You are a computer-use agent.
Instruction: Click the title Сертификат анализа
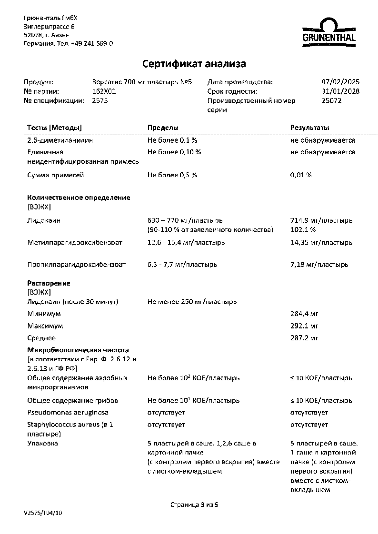194,64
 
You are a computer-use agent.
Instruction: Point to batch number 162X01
104,91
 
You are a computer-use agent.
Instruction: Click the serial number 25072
332,101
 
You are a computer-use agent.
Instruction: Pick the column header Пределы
163,128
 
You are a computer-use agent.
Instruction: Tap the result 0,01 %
301,175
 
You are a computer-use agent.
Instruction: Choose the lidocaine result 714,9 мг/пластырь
321,221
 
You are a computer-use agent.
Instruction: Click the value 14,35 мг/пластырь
321,243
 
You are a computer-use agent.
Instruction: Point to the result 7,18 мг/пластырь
319,265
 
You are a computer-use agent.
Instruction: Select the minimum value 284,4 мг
304,314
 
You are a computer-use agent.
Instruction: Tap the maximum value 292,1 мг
304,326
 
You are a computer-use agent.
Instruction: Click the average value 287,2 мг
304,338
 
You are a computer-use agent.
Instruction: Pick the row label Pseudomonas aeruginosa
68,412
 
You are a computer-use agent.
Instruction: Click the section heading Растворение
49,283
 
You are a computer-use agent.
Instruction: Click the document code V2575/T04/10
43,514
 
